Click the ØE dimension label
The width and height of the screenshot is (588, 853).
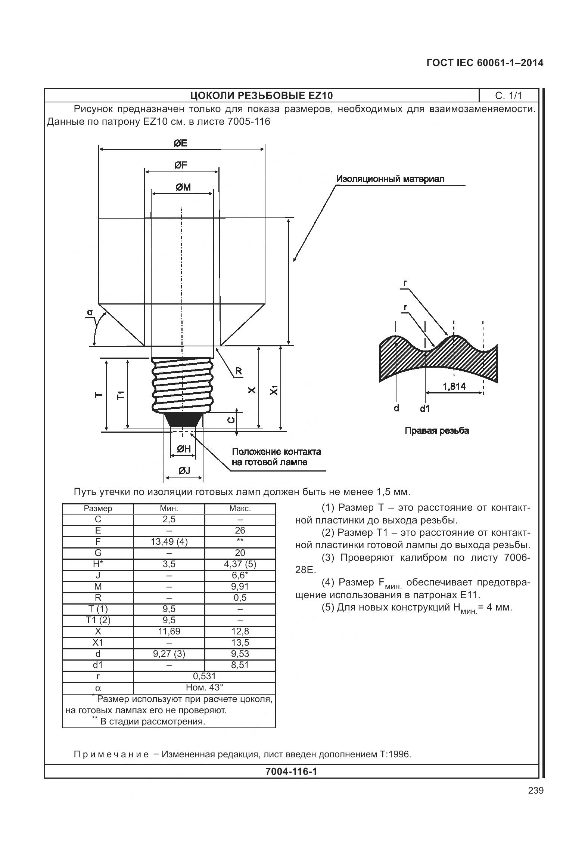pyautogui.click(x=181, y=143)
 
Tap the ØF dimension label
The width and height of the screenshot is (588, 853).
pyautogui.click(x=181, y=165)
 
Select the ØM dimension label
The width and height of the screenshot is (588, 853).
pyautogui.click(x=183, y=187)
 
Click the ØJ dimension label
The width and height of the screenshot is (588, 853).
pyautogui.click(x=184, y=471)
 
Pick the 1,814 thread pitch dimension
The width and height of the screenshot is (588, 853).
pyautogui.click(x=454, y=386)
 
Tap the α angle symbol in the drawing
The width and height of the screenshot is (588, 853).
pyautogui.click(x=90, y=312)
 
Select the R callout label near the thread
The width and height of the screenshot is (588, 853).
pyautogui.click(x=238, y=371)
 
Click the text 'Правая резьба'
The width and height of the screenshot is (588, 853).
pyautogui.click(x=437, y=431)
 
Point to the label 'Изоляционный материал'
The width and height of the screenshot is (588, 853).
pyautogui.click(x=391, y=179)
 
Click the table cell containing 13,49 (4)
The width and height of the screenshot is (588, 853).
pyautogui.click(x=169, y=542)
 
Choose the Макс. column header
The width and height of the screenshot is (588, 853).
pyautogui.click(x=240, y=509)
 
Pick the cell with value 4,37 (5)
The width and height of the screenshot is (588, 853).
pyautogui.click(x=240, y=564)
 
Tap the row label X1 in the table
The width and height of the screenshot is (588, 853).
pyautogui.click(x=98, y=643)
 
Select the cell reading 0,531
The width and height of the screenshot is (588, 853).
pyautogui.click(x=205, y=676)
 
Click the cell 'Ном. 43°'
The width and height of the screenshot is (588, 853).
pyautogui.click(x=205, y=687)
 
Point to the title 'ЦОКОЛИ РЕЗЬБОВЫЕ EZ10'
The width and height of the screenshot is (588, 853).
pyautogui.click(x=261, y=96)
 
